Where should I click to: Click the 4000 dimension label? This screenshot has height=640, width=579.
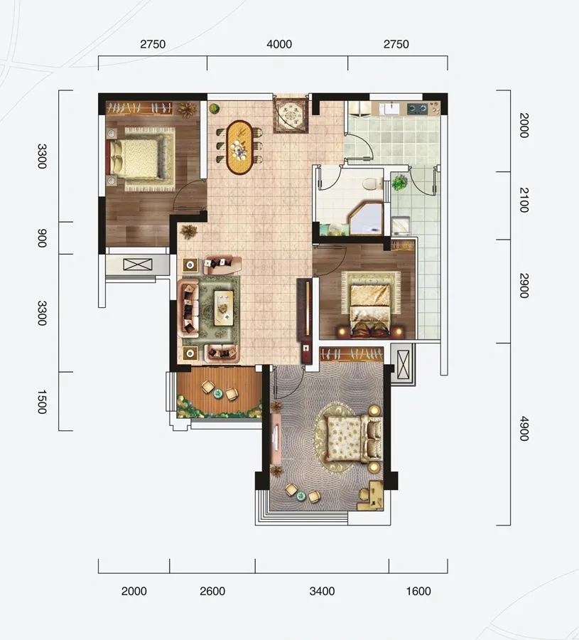[279, 44]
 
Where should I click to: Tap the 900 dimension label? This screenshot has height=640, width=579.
[42, 238]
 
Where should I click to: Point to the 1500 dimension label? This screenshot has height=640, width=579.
[42, 402]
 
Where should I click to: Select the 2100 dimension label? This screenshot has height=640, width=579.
[524, 200]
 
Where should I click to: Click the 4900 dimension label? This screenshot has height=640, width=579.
[524, 429]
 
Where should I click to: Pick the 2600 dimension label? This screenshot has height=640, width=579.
[212, 591]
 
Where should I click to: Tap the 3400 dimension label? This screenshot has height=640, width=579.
[322, 591]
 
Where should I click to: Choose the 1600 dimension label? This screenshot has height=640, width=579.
[418, 591]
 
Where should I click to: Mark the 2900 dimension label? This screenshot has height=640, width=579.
[524, 286]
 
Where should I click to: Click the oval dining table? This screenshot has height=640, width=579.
[239, 147]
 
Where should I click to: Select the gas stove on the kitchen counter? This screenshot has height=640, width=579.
[418, 109]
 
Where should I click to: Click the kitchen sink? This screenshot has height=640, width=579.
[391, 109]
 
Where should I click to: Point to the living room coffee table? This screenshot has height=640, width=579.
[224, 308]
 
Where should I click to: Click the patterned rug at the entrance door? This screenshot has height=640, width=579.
[291, 115]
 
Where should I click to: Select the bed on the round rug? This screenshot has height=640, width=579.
[355, 438]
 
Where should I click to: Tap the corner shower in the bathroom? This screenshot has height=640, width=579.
[366, 219]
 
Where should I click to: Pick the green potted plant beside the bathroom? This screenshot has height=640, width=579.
[399, 183]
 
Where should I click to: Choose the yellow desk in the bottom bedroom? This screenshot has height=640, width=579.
[372, 496]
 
